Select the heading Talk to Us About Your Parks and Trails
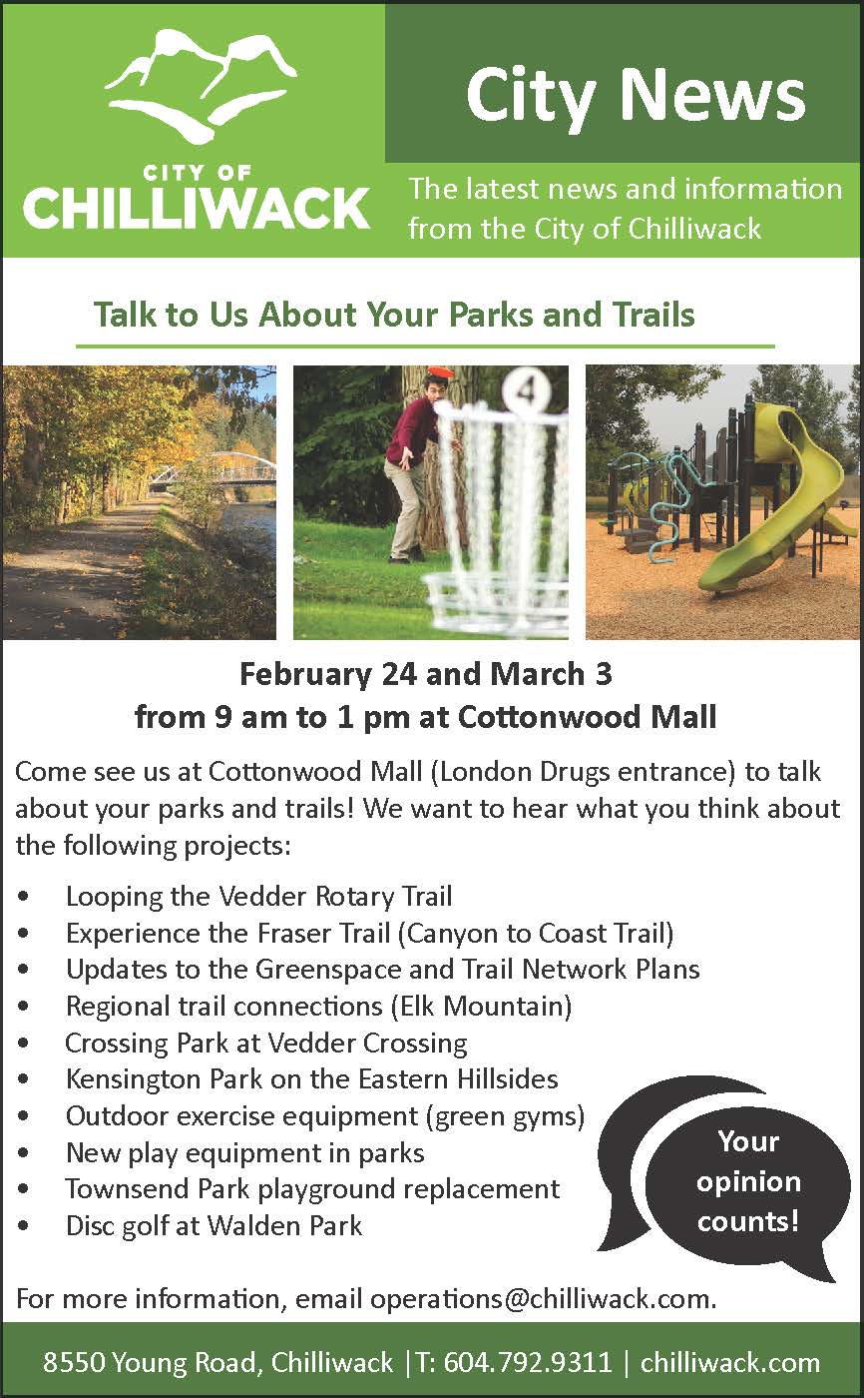point(394,314)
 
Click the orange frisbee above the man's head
point(442,371)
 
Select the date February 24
point(328,675)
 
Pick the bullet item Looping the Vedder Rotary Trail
point(258,897)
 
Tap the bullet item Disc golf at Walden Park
point(214,1226)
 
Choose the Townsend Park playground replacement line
point(313,1189)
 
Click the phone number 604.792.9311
point(528,1362)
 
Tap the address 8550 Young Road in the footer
point(149,1362)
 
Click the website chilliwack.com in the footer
point(730,1362)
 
